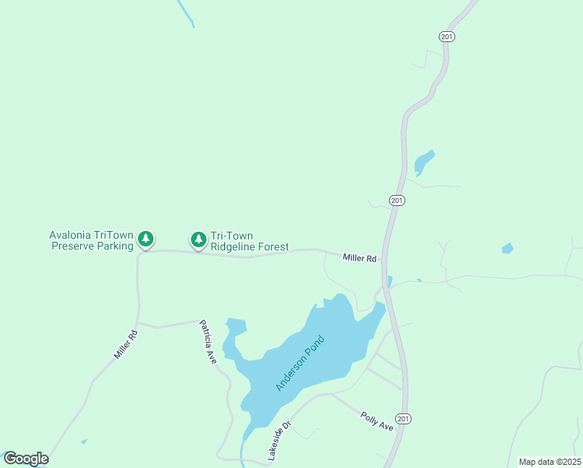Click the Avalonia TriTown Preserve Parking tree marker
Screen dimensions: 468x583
pos(146,239)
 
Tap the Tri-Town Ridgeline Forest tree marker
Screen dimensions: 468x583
pos(199,239)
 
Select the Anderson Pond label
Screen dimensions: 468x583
pos(299,363)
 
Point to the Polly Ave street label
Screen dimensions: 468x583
pos(376,420)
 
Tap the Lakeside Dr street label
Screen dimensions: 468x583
pos(278,440)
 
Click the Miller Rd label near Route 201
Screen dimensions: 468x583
pos(359,257)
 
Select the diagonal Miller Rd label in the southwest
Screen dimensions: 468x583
pos(125,345)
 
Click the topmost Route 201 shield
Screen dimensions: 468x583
pos(446,37)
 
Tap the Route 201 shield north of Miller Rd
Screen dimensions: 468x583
pos(397,200)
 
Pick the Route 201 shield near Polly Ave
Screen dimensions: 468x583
pos(402,419)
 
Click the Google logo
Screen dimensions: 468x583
pos(26,459)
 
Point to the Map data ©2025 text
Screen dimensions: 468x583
pos(549,462)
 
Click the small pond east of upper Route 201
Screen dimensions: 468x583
pos(423,162)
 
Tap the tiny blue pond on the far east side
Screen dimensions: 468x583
pos(507,249)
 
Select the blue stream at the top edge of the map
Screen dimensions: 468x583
pos(186,13)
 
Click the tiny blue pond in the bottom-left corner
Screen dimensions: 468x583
pos(83,441)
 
